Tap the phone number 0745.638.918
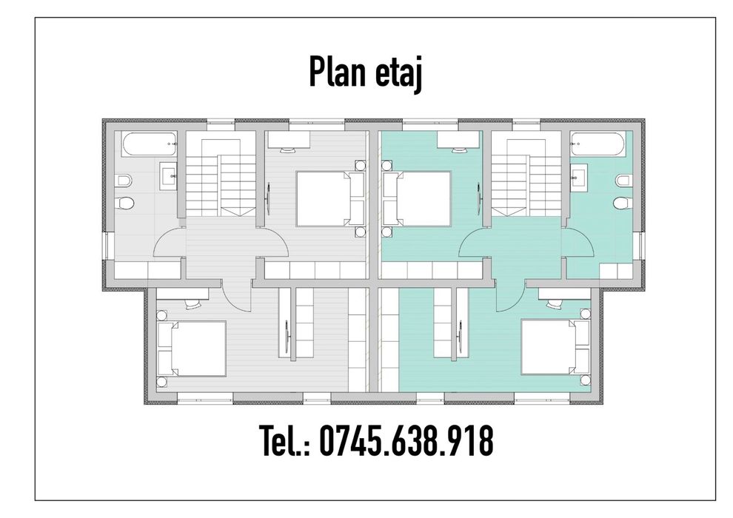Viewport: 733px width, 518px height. [x=406, y=442]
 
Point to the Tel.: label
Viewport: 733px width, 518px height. [x=284, y=442]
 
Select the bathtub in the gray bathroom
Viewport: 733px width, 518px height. [x=150, y=144]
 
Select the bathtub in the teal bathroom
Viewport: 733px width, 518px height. [x=600, y=144]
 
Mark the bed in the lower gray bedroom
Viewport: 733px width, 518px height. [x=193, y=348]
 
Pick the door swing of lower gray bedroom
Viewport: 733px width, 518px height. [x=238, y=296]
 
